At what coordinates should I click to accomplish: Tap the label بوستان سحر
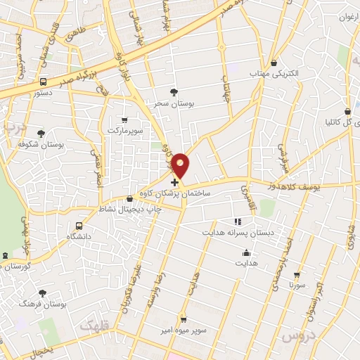coord(174,103)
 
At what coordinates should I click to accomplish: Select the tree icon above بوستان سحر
coord(174,91)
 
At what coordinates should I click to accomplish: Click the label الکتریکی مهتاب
coord(274,73)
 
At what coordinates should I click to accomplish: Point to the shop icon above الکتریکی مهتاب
coord(274,62)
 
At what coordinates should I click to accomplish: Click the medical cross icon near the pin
coord(174,182)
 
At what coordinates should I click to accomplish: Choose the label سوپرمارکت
coord(125,131)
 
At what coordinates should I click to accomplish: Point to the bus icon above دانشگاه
coord(79,226)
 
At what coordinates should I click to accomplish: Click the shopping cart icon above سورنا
coord(299,275)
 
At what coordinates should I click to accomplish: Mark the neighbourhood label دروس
coord(296,337)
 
